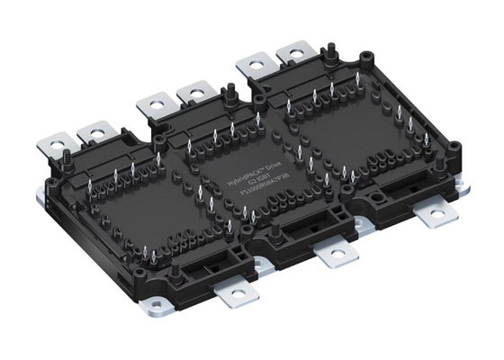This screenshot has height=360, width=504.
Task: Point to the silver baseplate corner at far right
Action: pos(466,189)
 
